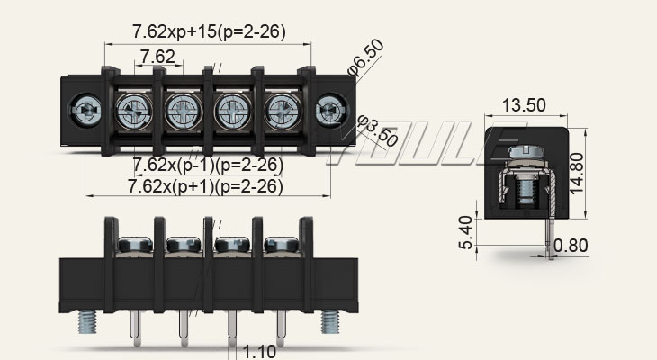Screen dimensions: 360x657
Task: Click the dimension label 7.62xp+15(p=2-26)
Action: (209, 32)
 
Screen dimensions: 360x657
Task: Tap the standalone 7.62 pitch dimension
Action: (157, 58)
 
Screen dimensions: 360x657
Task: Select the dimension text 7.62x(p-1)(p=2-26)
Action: (208, 166)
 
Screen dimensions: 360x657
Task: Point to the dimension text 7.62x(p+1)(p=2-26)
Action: (205, 186)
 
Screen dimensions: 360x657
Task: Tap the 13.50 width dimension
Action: (524, 105)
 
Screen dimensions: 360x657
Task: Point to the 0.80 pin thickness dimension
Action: (572, 245)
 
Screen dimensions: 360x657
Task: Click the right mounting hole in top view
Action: (329, 112)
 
